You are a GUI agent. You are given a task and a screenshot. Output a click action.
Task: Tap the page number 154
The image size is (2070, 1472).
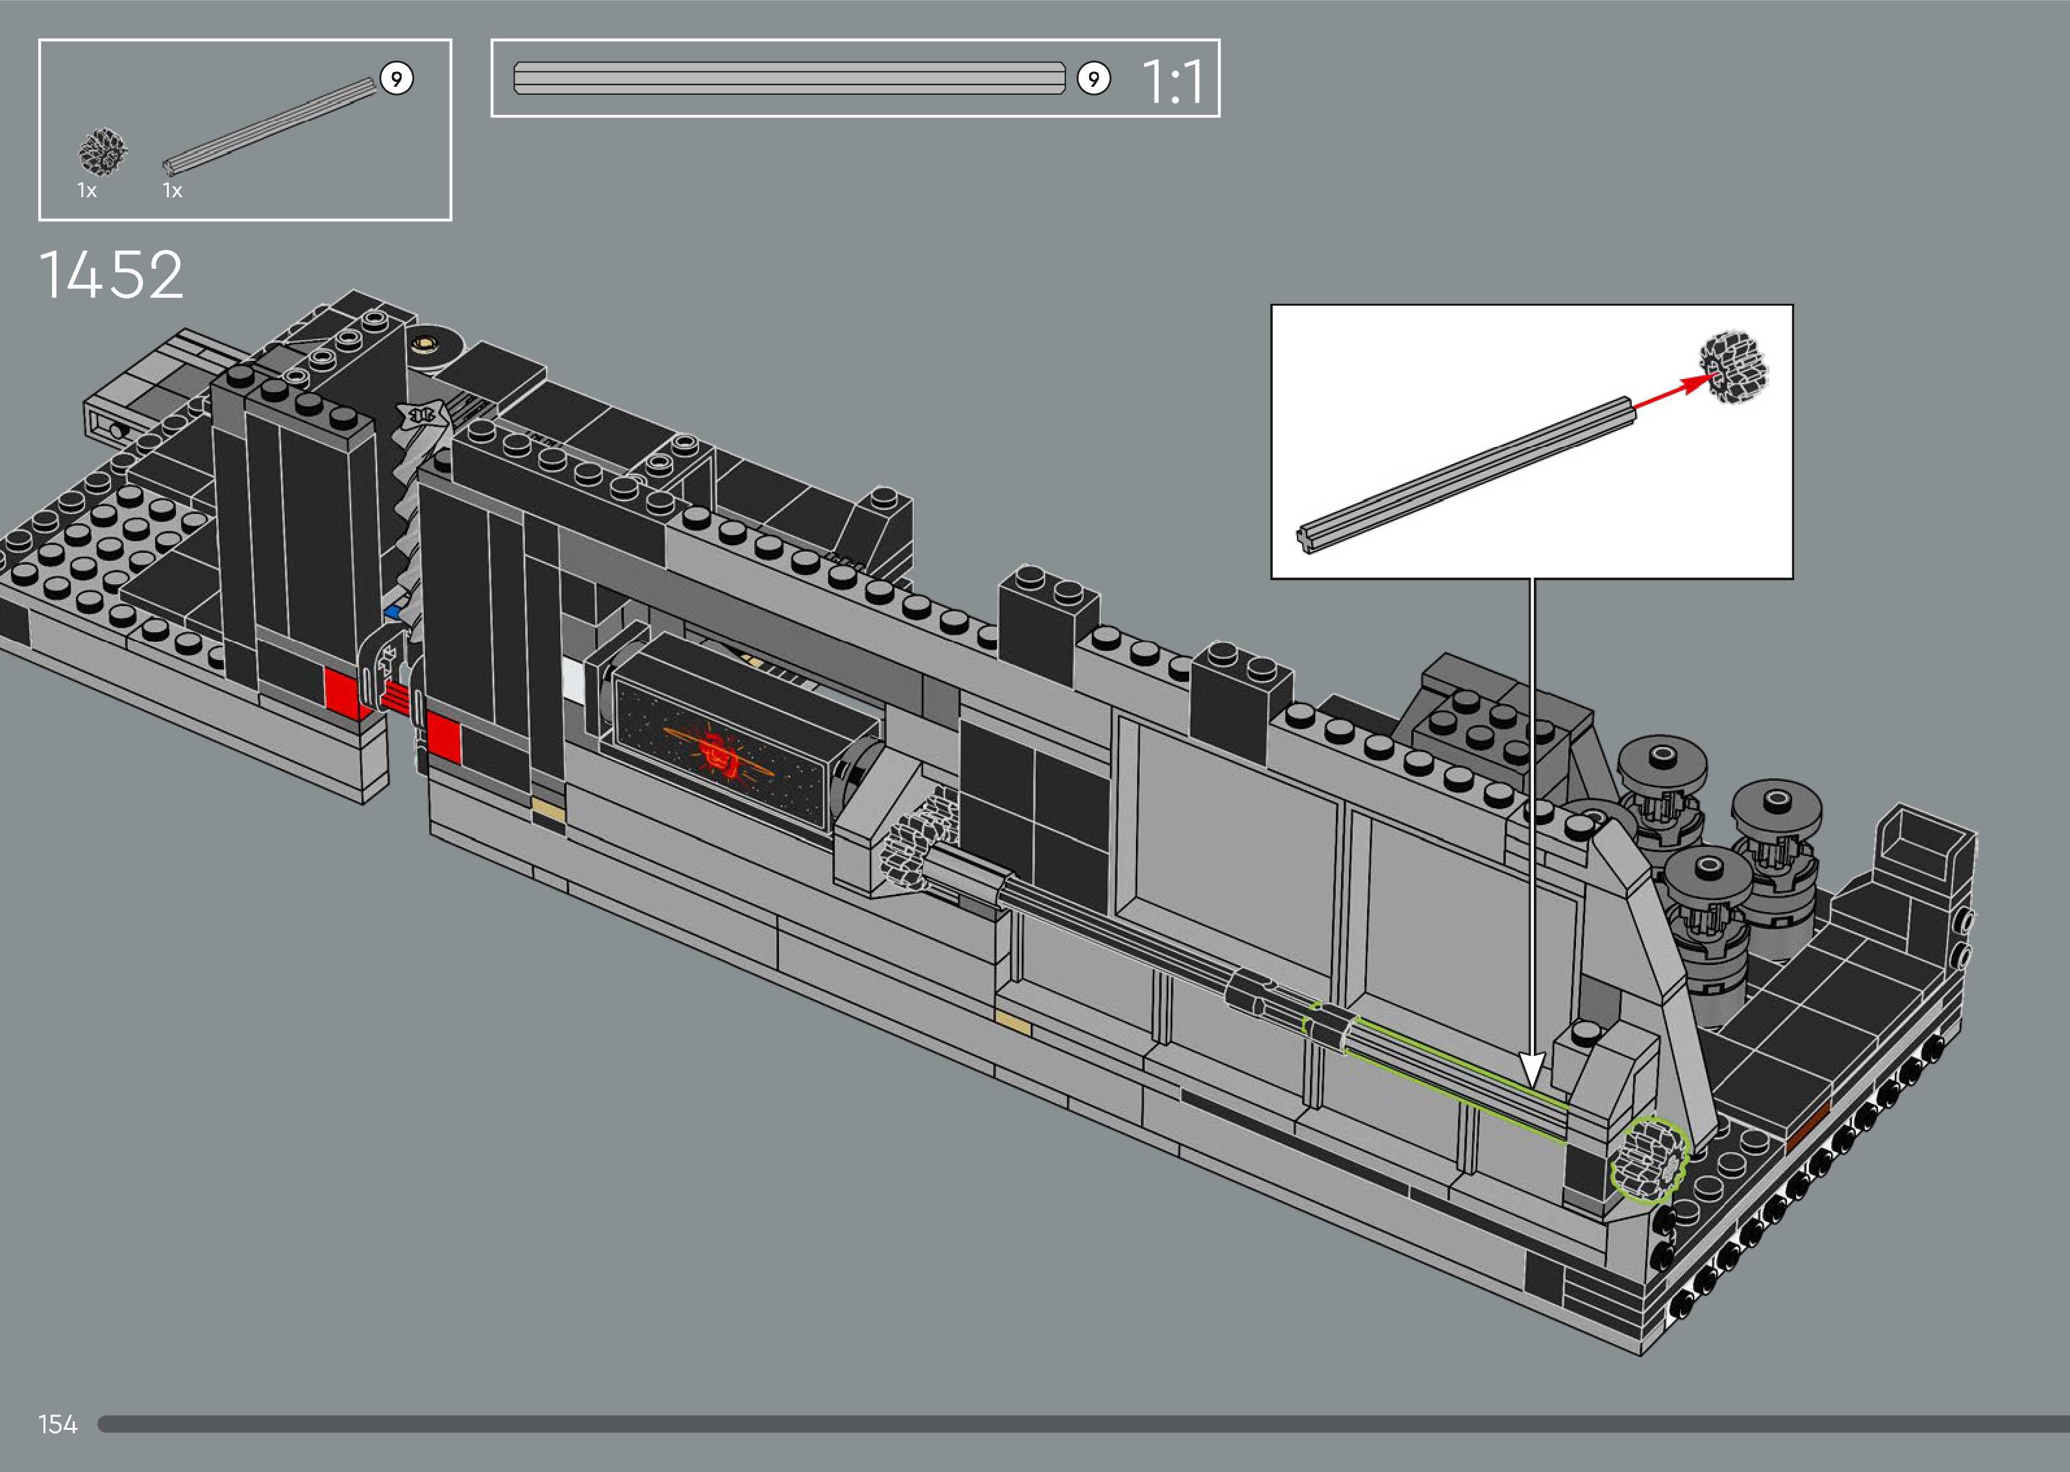click(58, 1424)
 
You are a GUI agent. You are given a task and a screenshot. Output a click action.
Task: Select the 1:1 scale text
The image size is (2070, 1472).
click(1173, 82)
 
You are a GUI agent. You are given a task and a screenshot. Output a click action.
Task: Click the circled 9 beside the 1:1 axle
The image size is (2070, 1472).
click(1094, 79)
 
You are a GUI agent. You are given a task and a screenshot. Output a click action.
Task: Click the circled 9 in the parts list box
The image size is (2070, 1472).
click(396, 79)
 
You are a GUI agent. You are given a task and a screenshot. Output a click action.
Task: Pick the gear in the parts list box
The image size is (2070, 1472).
click(103, 151)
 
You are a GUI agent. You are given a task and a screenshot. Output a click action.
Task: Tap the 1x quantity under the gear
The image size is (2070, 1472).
click(87, 190)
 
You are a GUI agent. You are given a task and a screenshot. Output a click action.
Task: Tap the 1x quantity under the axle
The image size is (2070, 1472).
click(172, 190)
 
